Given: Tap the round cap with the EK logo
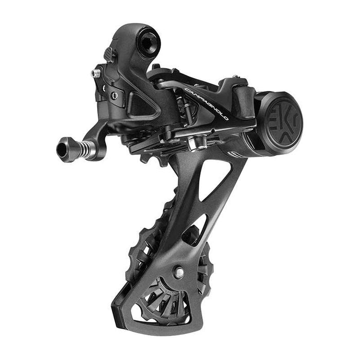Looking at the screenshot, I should (279, 122).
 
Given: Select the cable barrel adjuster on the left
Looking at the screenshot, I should (77, 149).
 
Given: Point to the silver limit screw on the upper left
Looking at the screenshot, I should (96, 74).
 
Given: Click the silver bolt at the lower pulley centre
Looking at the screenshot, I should (178, 272).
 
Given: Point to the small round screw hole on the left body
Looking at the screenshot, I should (114, 96).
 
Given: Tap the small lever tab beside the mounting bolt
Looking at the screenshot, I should (109, 54).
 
